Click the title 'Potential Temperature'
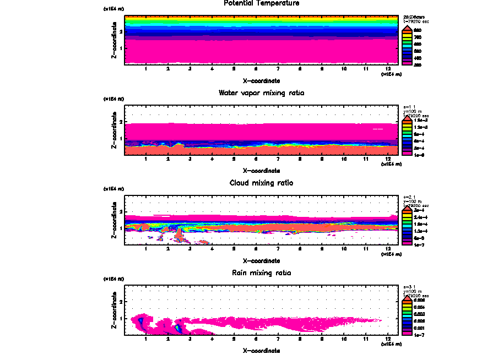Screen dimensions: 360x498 click(254, 3)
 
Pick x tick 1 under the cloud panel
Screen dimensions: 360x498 click(145, 249)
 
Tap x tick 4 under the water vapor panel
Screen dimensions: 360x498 click(212, 159)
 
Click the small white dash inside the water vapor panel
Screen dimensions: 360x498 click(377, 129)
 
